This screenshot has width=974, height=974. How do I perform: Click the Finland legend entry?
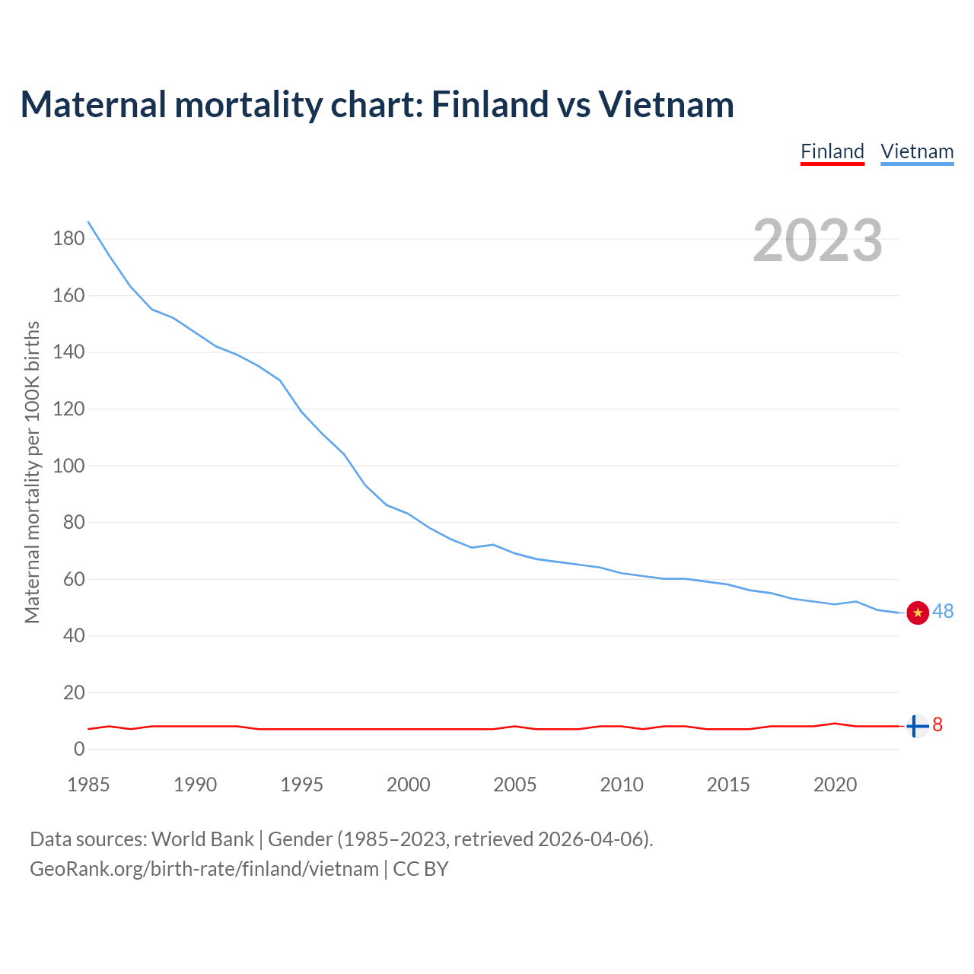tap(832, 151)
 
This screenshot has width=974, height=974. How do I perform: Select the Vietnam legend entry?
tap(917, 151)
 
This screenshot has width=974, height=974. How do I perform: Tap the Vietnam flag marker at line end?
tap(918, 613)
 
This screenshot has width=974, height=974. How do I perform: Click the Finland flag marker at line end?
tap(918, 727)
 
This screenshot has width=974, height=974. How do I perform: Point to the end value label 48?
tap(943, 612)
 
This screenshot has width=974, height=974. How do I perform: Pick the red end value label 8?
tap(937, 725)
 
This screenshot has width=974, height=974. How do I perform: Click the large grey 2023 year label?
tap(818, 240)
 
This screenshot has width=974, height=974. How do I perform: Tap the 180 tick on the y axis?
tap(68, 239)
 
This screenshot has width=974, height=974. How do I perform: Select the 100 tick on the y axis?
tap(68, 466)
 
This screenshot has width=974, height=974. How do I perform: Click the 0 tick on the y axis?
tap(79, 750)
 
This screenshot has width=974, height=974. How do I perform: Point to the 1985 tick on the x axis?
tap(88, 785)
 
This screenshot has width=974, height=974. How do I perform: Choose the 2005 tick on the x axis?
tap(515, 785)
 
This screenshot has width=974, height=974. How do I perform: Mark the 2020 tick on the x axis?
tap(835, 785)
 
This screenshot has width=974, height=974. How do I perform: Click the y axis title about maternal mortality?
tap(32, 472)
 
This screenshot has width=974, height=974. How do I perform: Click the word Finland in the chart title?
tap(489, 104)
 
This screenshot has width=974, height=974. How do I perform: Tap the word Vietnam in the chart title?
tap(666, 104)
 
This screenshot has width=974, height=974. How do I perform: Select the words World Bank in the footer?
tap(202, 839)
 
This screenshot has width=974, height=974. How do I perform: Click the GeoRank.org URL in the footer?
tap(204, 869)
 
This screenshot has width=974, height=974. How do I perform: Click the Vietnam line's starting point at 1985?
tap(89, 222)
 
